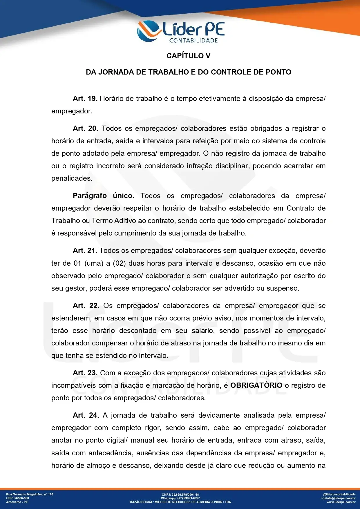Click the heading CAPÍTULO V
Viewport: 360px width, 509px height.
(x=188, y=56)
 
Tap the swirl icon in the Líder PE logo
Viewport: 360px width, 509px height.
(x=148, y=30)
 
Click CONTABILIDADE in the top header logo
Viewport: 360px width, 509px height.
(x=193, y=41)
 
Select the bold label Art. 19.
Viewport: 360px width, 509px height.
(x=85, y=99)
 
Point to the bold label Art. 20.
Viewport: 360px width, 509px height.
(x=85, y=128)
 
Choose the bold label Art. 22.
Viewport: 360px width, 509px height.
(x=86, y=306)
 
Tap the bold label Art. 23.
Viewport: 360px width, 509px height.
(x=85, y=373)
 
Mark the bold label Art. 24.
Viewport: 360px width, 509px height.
(x=86, y=415)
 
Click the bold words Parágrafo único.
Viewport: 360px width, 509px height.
(x=103, y=196)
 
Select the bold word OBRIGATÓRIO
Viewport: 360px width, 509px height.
(x=256, y=385)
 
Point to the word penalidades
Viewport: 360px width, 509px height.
(x=72, y=178)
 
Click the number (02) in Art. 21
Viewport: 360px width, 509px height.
(x=119, y=263)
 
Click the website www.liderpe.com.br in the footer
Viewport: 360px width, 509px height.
(x=341, y=502)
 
